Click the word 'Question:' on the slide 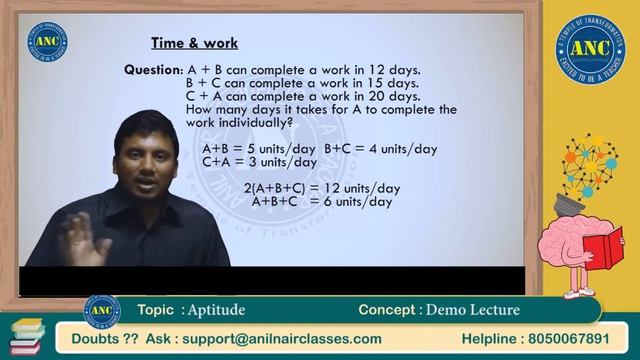click(154, 70)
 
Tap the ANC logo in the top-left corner click(48, 41)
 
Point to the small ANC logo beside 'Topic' click(102, 310)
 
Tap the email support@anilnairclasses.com click(273, 338)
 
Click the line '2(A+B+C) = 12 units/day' click(323, 187)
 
